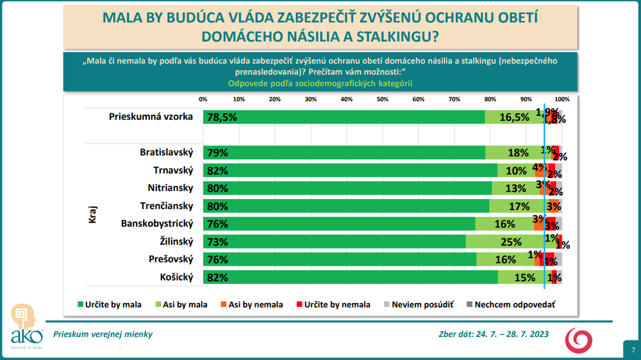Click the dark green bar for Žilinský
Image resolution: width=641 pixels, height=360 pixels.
pos(333,241)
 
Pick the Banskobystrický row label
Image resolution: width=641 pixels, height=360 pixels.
pos(157,224)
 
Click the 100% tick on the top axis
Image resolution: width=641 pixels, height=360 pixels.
pos(562,99)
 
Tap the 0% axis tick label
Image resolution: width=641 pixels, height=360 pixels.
pos(203,99)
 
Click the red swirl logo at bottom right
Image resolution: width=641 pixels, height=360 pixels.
pos(579,340)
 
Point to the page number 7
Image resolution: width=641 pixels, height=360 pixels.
pos(633,350)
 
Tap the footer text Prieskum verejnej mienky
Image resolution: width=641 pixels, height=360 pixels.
pos(103,334)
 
